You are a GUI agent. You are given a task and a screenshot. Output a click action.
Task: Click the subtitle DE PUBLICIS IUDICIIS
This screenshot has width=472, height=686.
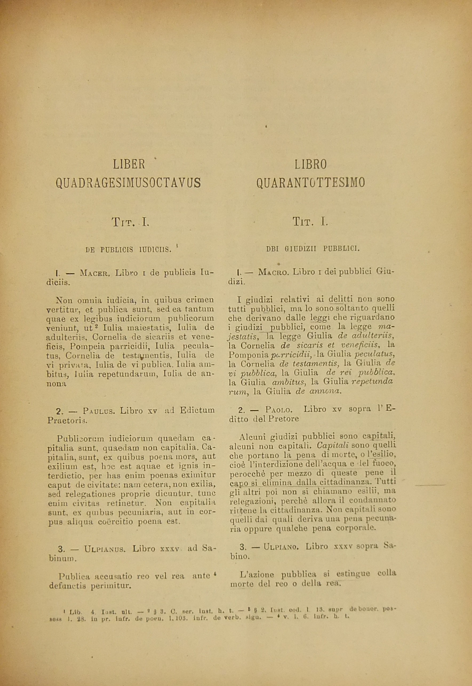pos(128,250)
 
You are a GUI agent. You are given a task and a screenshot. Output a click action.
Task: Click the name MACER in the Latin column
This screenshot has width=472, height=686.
pos(95,273)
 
